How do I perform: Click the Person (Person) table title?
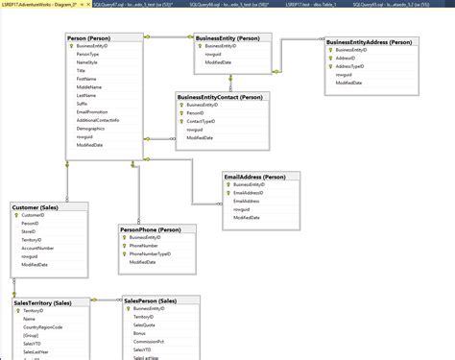point(91,36)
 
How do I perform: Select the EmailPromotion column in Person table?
point(94,111)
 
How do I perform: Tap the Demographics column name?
point(91,128)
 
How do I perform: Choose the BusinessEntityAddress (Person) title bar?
point(369,42)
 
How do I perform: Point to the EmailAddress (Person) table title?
point(254,177)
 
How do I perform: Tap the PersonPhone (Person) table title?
point(152,230)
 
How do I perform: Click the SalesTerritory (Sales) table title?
point(43,302)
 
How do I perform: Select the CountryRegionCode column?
point(43,327)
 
